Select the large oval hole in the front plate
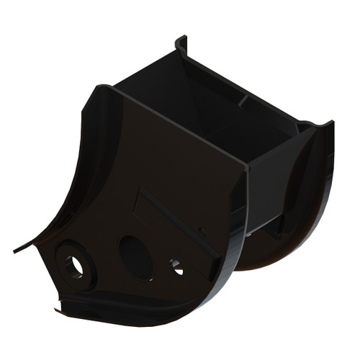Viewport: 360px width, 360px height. [135, 257]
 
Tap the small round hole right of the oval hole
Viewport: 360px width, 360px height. [176, 267]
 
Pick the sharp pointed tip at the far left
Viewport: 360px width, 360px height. [15, 251]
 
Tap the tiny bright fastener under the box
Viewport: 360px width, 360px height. [248, 233]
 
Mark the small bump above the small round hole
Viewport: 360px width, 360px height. [202, 232]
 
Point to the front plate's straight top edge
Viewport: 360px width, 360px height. [180, 130]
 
